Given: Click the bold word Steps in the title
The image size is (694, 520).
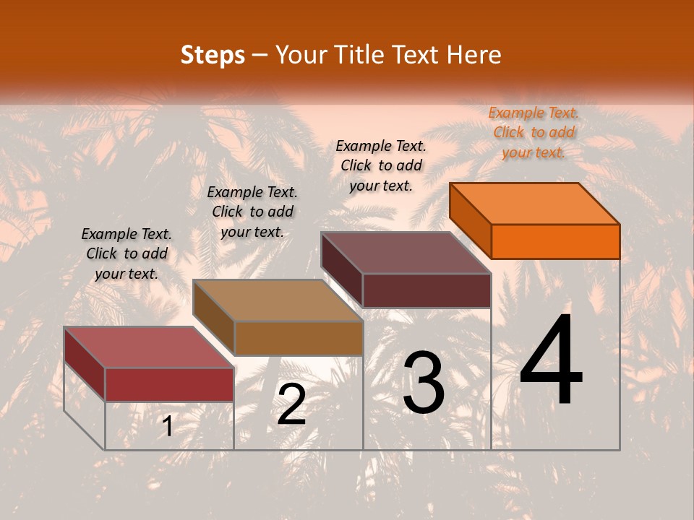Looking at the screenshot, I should (x=213, y=55).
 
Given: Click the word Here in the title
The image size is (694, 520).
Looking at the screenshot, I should (x=474, y=55).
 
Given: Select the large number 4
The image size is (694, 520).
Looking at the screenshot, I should (x=551, y=360).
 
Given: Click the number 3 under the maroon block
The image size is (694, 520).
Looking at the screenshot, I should (x=424, y=383).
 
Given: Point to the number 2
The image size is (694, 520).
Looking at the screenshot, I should (x=291, y=404).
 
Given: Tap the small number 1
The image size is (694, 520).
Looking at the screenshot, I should (x=167, y=427).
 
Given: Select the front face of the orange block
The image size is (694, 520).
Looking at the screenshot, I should (x=555, y=241).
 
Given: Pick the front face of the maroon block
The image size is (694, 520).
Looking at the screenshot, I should (x=427, y=290).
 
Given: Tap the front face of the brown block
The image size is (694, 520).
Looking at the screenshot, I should (x=299, y=338).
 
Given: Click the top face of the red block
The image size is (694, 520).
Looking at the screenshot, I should (x=149, y=347).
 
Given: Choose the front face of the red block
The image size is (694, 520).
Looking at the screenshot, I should (x=169, y=384).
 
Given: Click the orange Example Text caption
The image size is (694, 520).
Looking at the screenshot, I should (x=534, y=132).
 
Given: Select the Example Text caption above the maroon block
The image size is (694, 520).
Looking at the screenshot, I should (x=381, y=165).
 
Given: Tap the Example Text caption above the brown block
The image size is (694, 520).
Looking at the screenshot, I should (x=252, y=212).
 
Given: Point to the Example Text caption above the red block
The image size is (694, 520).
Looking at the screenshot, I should (x=127, y=253).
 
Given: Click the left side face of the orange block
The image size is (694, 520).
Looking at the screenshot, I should (x=471, y=220).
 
